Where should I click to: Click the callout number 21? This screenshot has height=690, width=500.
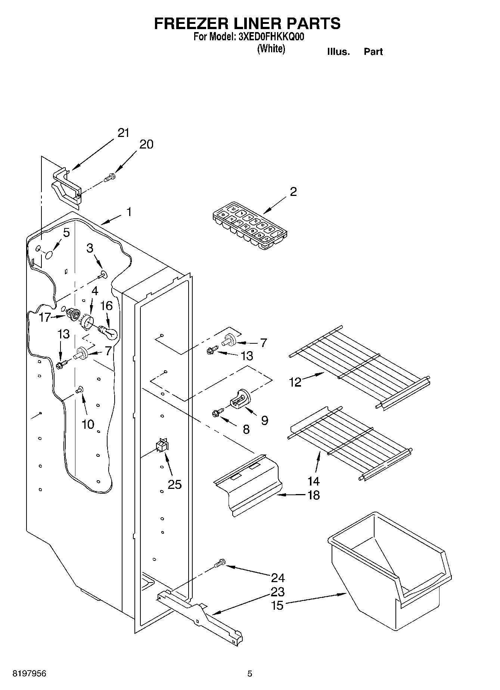[x=123, y=133]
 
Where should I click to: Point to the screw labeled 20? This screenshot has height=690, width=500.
[x=109, y=177]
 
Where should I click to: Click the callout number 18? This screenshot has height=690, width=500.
[x=313, y=495]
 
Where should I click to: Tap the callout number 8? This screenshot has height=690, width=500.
[x=246, y=430]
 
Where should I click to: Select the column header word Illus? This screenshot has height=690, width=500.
[x=338, y=52]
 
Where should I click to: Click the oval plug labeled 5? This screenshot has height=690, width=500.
[x=49, y=255]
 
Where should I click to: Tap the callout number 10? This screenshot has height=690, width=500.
[x=88, y=424]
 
